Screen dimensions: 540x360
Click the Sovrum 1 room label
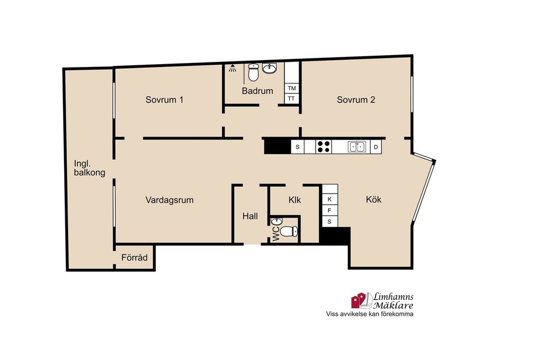click(x=164, y=100)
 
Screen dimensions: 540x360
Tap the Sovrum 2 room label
click(x=355, y=100)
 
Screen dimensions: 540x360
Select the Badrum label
click(x=257, y=91)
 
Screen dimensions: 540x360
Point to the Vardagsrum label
click(x=169, y=200)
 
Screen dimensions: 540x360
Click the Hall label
click(x=250, y=216)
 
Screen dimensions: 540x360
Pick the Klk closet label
click(x=295, y=200)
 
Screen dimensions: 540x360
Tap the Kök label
click(x=373, y=200)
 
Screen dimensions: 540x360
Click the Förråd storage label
click(x=134, y=257)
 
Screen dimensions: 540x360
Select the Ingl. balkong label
click(x=89, y=168)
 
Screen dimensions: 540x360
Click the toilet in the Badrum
click(x=254, y=73)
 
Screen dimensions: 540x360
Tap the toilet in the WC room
click(x=289, y=231)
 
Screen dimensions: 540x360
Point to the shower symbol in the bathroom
click(x=233, y=68)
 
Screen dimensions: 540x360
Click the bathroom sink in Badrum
click(x=269, y=68)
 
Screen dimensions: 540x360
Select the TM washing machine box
click(x=292, y=88)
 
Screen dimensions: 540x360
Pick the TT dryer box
click(x=291, y=98)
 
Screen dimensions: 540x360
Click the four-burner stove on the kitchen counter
click(x=323, y=147)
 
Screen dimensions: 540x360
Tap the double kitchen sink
click(x=357, y=147)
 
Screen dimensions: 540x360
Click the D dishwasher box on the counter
click(x=376, y=147)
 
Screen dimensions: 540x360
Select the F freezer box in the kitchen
click(x=330, y=210)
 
